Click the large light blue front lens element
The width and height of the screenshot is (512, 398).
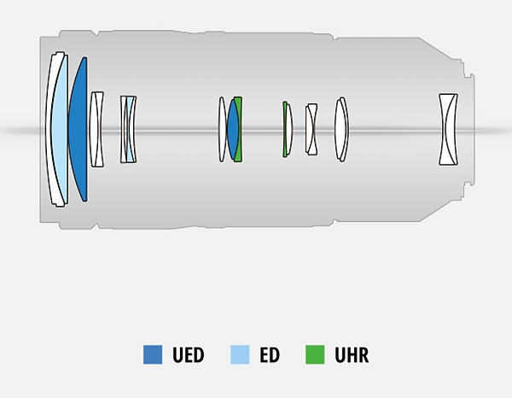tap(60, 130)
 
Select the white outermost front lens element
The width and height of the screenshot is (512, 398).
tap(50, 130)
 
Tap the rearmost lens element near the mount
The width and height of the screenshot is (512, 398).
tap(448, 130)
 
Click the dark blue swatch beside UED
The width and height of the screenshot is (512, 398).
tap(153, 354)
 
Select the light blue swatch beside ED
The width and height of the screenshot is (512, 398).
tap(241, 354)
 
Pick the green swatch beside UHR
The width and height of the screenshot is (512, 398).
tap(315, 354)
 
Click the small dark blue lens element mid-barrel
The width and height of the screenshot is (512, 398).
tap(232, 130)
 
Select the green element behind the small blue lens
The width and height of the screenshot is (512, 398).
tap(240, 130)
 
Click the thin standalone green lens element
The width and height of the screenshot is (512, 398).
tap(285, 130)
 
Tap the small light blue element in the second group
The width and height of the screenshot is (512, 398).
tap(128, 130)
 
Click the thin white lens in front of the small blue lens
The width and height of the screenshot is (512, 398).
tap(223, 130)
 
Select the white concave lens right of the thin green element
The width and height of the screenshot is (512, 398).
tap(311, 130)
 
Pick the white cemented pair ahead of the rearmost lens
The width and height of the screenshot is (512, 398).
tap(341, 130)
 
